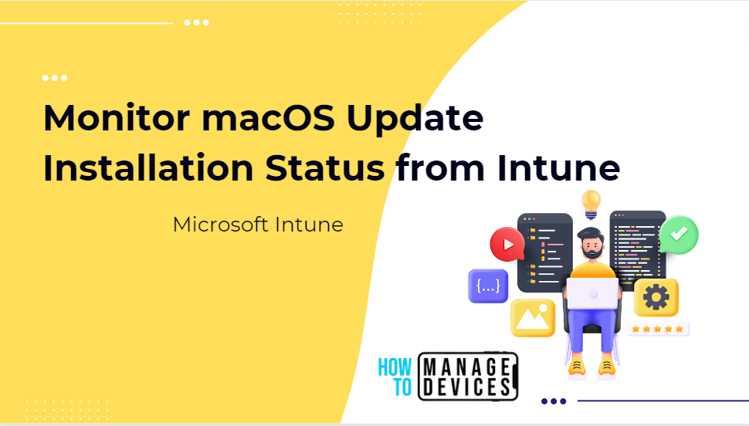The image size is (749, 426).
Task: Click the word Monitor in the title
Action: coord(106,118)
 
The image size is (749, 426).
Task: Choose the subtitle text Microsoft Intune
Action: coord(258,225)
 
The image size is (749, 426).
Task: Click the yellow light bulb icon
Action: coord(591,203)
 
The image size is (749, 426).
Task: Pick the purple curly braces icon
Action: coord(488,286)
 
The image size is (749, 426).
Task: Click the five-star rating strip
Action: coord(656,329)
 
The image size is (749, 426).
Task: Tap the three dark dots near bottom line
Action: coord(554,401)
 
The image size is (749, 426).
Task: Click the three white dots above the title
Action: coord(54,78)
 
